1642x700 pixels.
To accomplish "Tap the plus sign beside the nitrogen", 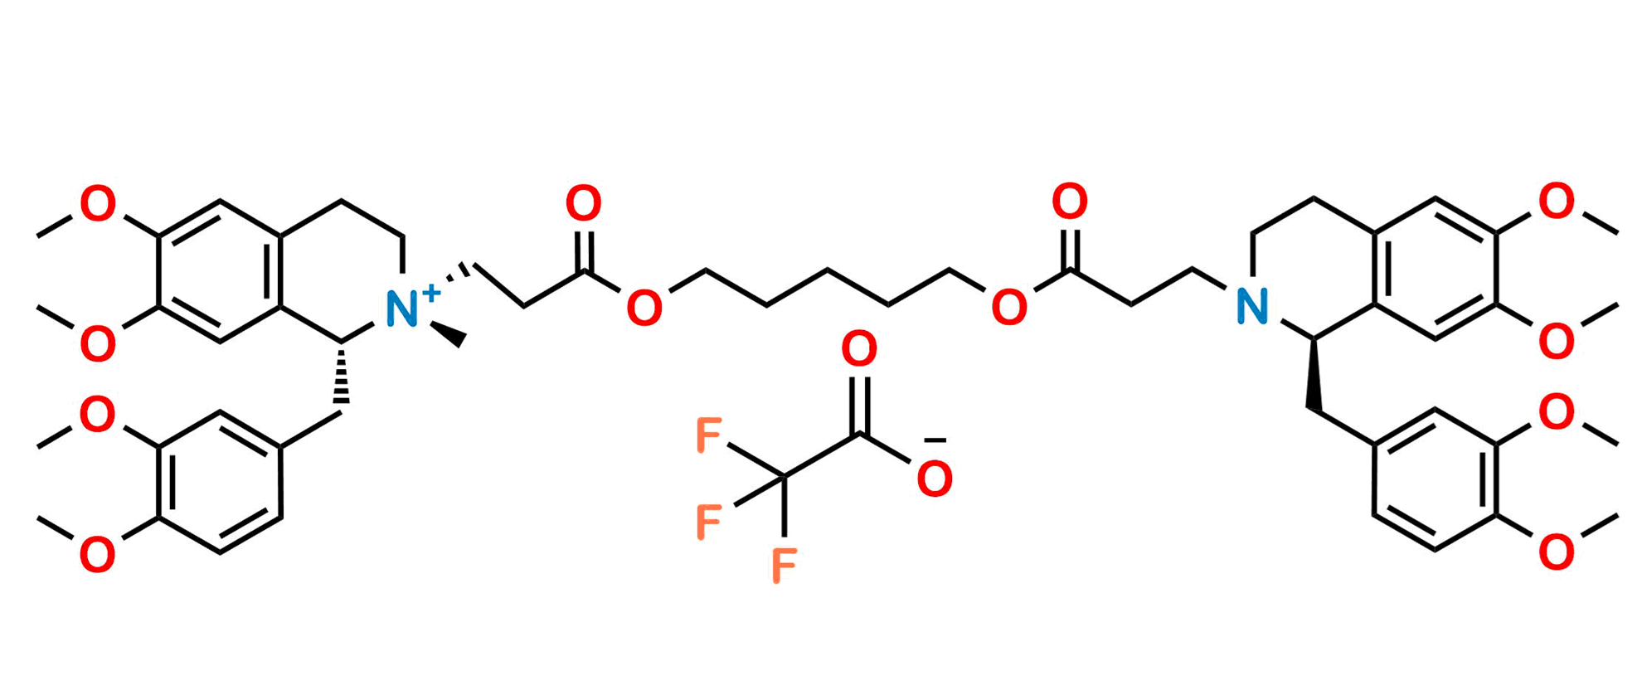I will tap(432, 291).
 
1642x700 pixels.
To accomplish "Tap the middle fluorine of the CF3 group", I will tap(709, 522).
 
